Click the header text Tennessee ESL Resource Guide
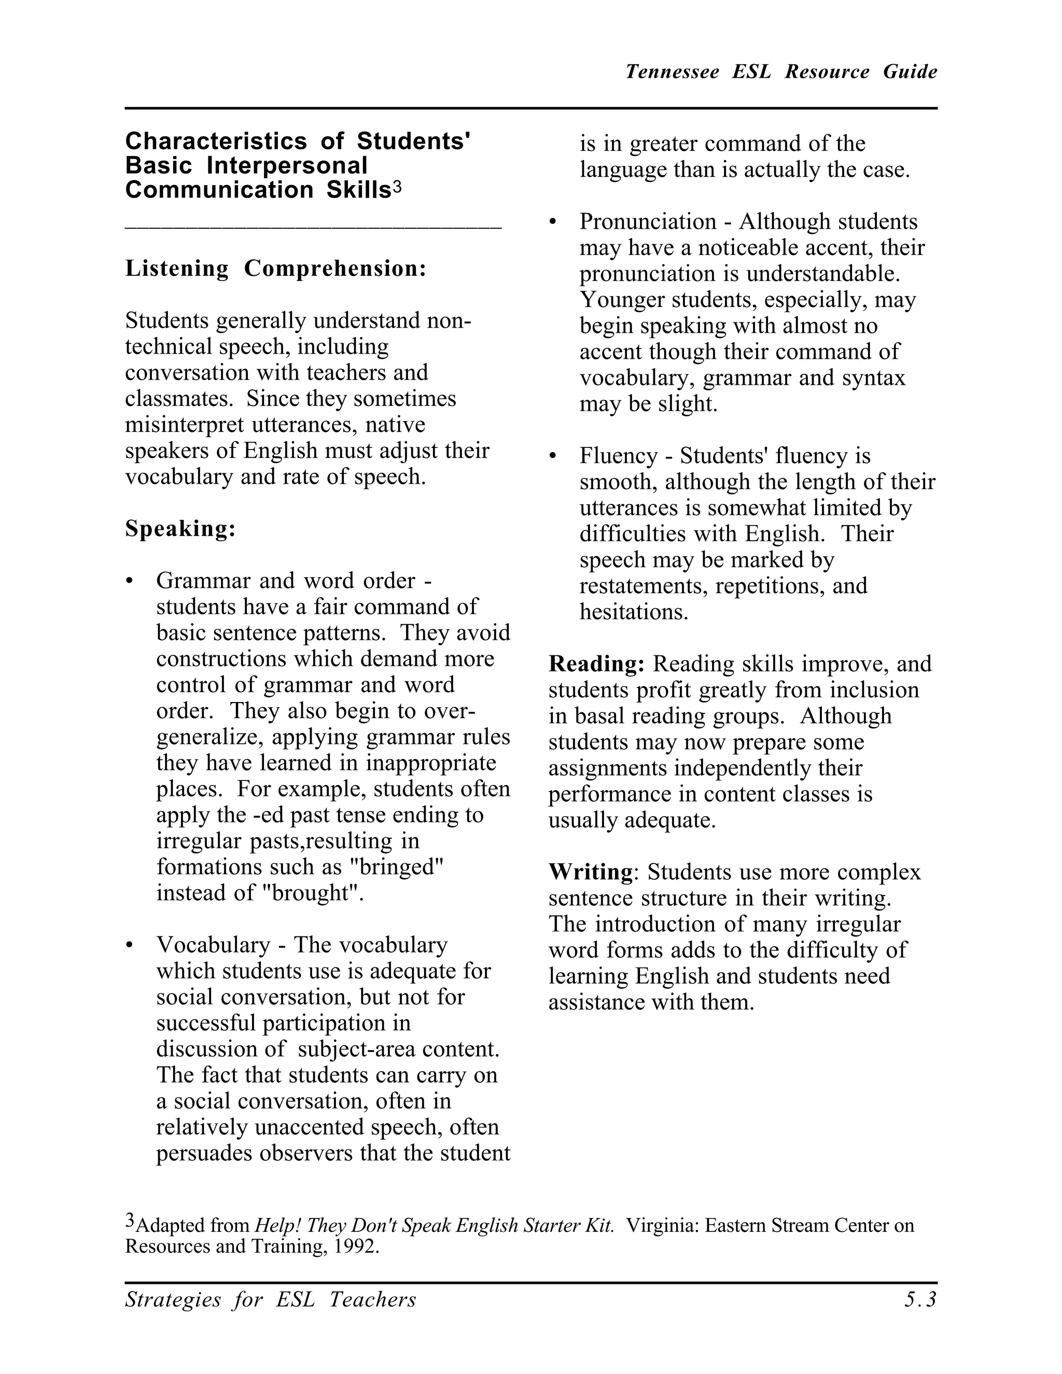pyautogui.click(x=781, y=72)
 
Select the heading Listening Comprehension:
pyautogui.click(x=275, y=269)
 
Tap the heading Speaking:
pyautogui.click(x=180, y=528)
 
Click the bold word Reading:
pyautogui.click(x=596, y=664)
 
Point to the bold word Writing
pyautogui.click(x=590, y=872)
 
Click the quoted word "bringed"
pyautogui.click(x=396, y=867)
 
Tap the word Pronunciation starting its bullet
pyautogui.click(x=648, y=221)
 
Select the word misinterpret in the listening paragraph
pyautogui.click(x=185, y=425)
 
